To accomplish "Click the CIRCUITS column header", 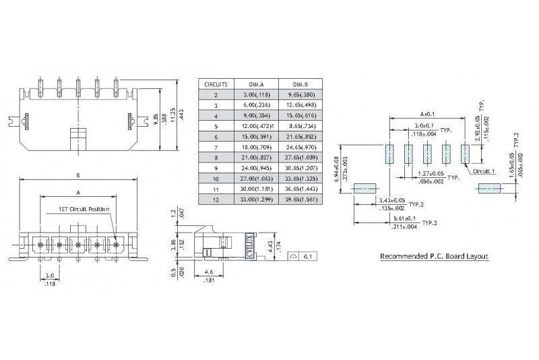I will click(x=216, y=85).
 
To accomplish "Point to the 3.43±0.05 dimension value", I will click(x=390, y=200).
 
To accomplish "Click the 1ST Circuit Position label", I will click(x=83, y=210).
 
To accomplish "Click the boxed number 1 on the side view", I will click(x=208, y=252).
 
